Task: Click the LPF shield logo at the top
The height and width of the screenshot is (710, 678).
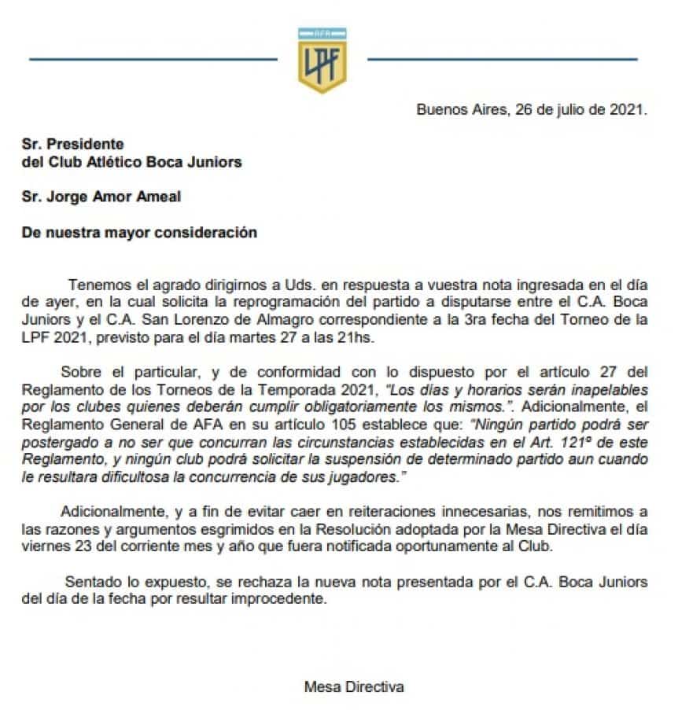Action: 322,60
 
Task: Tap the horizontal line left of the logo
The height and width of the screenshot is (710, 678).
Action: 153,58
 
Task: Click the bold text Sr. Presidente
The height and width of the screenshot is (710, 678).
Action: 73,144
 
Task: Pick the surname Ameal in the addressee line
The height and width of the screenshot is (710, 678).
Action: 155,197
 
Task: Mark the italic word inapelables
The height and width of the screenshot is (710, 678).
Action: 604,390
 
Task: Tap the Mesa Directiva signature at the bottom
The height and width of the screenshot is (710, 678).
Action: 354,686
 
